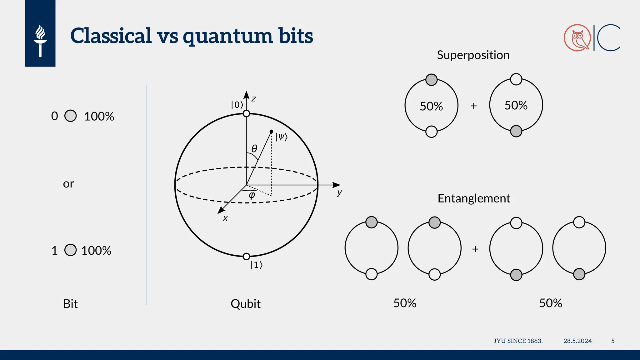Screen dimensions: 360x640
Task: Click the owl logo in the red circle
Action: (x=577, y=38)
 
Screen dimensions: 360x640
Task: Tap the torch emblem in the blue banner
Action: (x=40, y=41)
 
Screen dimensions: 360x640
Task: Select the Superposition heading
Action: (x=473, y=55)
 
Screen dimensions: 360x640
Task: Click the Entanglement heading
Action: (x=474, y=198)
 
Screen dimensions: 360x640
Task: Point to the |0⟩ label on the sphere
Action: (x=237, y=105)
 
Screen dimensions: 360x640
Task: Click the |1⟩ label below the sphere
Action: (x=256, y=265)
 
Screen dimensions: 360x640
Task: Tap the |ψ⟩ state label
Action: (x=281, y=137)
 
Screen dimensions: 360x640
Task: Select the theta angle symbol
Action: (x=254, y=148)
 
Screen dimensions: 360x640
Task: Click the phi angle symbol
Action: (x=252, y=196)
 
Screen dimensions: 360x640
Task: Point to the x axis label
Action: (x=225, y=218)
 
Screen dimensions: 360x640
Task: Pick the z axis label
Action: (x=254, y=99)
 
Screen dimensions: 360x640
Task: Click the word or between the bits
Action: (x=68, y=184)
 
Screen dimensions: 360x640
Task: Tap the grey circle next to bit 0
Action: (x=71, y=116)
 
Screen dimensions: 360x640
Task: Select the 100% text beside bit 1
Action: (x=96, y=251)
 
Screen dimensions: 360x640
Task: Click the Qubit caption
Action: (x=246, y=304)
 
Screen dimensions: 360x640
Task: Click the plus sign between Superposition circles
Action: (x=474, y=106)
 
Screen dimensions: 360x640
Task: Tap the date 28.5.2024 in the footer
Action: (x=577, y=341)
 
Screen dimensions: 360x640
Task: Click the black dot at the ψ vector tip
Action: (x=271, y=131)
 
